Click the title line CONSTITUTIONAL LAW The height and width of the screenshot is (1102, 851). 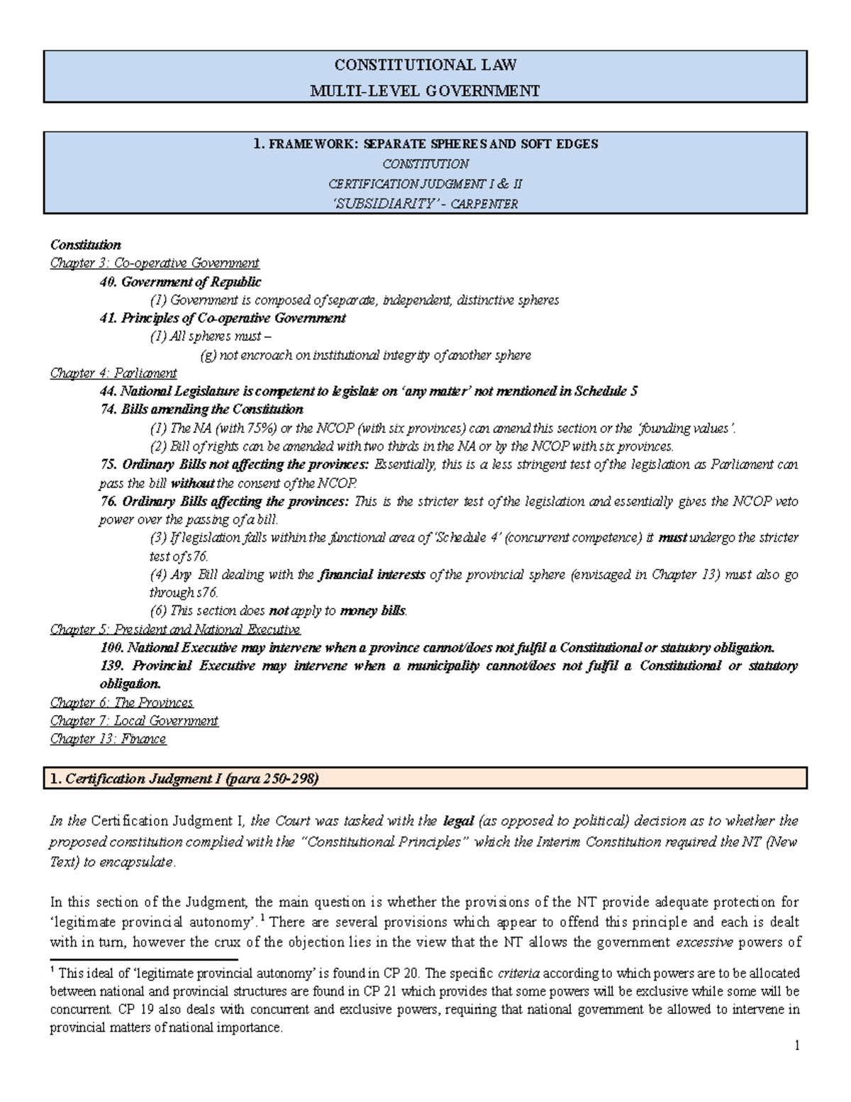(x=425, y=65)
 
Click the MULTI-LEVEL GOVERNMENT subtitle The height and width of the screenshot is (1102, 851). (x=425, y=90)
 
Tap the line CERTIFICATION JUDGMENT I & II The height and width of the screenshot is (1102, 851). (x=425, y=184)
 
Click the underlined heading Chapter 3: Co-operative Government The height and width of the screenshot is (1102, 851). (x=155, y=263)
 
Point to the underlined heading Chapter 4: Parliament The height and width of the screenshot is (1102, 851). (x=113, y=373)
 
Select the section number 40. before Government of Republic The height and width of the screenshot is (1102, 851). (x=108, y=282)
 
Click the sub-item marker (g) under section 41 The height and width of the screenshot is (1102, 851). (x=209, y=356)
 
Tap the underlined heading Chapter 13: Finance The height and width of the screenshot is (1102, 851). (x=108, y=739)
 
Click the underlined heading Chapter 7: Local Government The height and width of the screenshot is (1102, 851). (x=134, y=721)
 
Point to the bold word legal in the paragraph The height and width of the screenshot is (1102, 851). (x=458, y=821)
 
